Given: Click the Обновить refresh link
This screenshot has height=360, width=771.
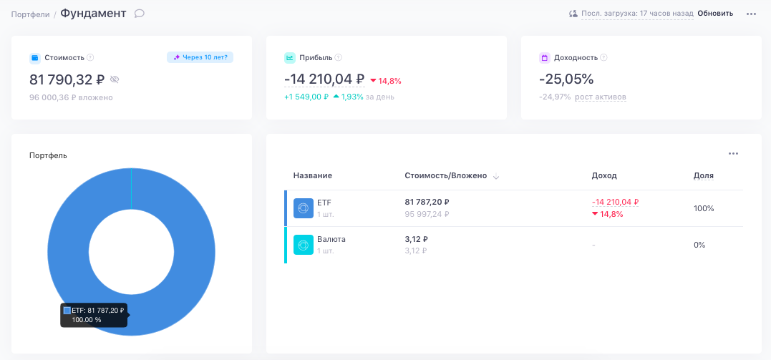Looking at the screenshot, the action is (715, 14).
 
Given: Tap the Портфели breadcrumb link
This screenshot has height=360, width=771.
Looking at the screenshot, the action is (31, 14).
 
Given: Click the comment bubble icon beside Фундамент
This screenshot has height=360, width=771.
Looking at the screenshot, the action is (139, 14).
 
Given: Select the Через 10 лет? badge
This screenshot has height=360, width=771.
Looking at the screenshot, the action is (200, 57).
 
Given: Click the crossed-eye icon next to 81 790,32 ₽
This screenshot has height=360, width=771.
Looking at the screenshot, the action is (115, 79).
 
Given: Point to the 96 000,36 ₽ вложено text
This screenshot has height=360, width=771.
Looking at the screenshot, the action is (72, 97).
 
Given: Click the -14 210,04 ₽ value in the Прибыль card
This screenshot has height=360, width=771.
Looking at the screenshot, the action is (324, 79).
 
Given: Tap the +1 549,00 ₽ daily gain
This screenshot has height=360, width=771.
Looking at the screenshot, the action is (306, 97).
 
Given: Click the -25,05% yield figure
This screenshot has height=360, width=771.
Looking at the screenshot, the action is (566, 79).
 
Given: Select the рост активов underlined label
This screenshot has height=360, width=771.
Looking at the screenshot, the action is (601, 97).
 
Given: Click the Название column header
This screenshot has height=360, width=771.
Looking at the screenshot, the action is (313, 175).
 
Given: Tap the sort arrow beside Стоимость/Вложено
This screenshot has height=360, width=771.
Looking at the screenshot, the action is (496, 177).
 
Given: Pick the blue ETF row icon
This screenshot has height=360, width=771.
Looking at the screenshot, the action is (304, 208).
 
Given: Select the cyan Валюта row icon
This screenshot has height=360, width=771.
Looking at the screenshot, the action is (304, 245).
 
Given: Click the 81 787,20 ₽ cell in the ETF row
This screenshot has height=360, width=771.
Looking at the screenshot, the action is (427, 202).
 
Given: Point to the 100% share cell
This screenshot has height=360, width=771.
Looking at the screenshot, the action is (704, 208).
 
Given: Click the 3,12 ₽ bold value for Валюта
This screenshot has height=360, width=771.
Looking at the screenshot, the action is (417, 239).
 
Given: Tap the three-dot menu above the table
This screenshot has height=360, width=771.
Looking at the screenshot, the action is (734, 153).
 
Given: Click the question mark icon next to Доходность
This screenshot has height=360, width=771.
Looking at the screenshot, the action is (603, 57).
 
